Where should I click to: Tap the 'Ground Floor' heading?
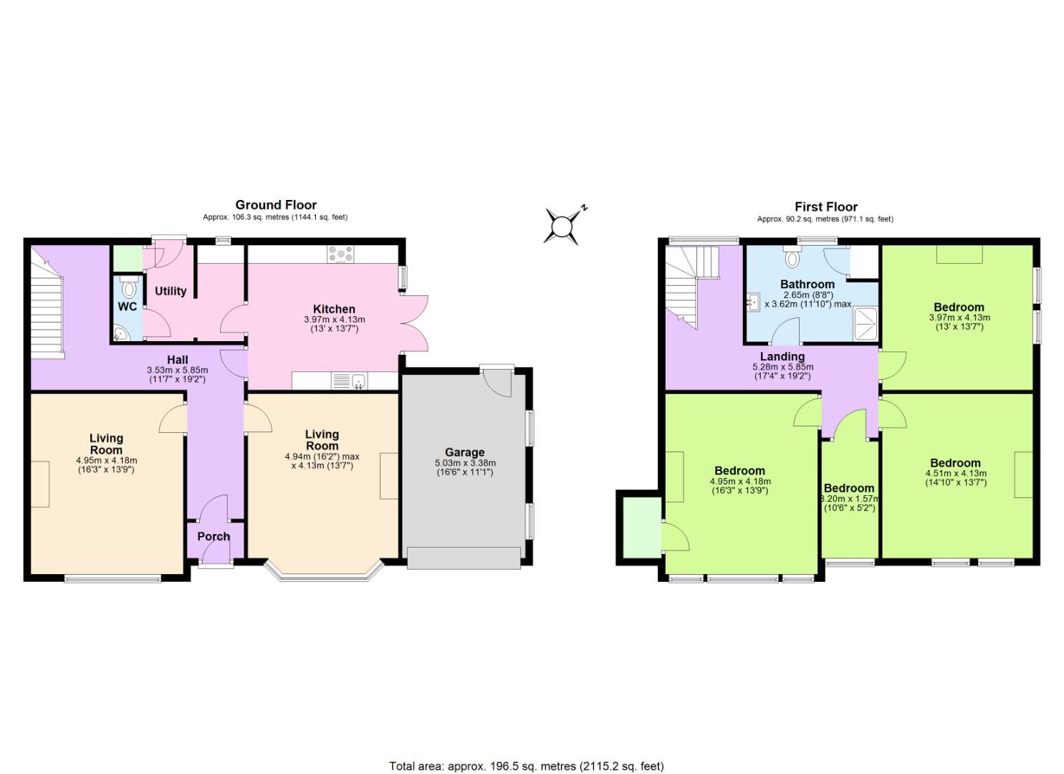(276, 205)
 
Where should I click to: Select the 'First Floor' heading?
(825, 206)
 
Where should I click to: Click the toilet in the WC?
(128, 288)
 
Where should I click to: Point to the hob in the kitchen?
(341, 254)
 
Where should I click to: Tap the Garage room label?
(464, 452)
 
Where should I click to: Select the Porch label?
(214, 536)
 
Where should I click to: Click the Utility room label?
(171, 290)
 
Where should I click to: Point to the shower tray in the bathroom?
(866, 325)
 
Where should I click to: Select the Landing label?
(782, 356)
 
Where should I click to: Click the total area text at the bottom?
(527, 766)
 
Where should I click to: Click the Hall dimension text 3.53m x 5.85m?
(178, 370)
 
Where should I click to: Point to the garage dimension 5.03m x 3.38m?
(465, 463)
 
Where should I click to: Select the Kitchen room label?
(334, 309)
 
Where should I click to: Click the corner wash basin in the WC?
(119, 333)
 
